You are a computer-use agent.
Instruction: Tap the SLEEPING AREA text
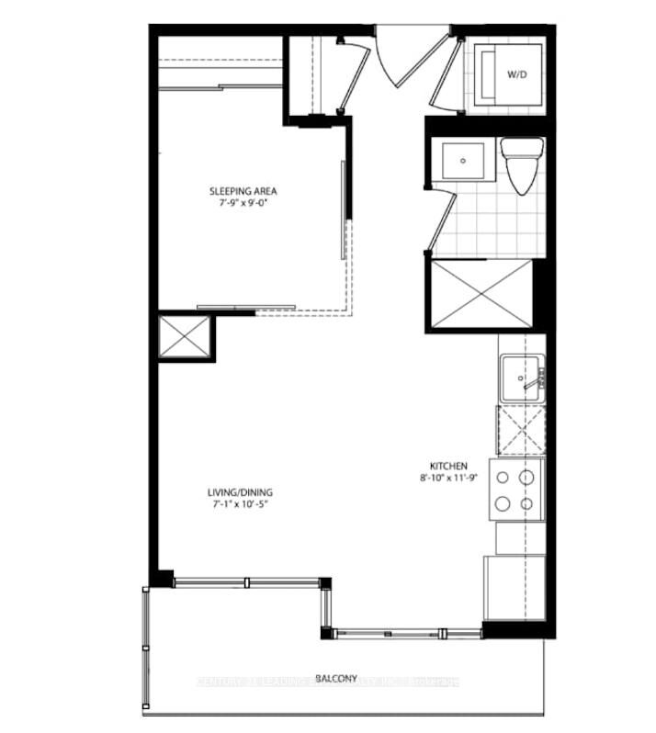pos(243,191)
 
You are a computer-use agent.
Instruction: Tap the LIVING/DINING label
pos(240,491)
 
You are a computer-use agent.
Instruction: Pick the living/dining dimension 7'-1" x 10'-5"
pos(240,503)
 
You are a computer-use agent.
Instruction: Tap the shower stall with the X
pos(480,293)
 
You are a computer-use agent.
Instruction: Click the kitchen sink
pos(522,377)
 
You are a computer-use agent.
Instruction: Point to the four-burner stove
pos(516,491)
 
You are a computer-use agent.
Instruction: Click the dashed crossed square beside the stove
pos(520,430)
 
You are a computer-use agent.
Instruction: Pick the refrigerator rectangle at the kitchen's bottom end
pos(513,588)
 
